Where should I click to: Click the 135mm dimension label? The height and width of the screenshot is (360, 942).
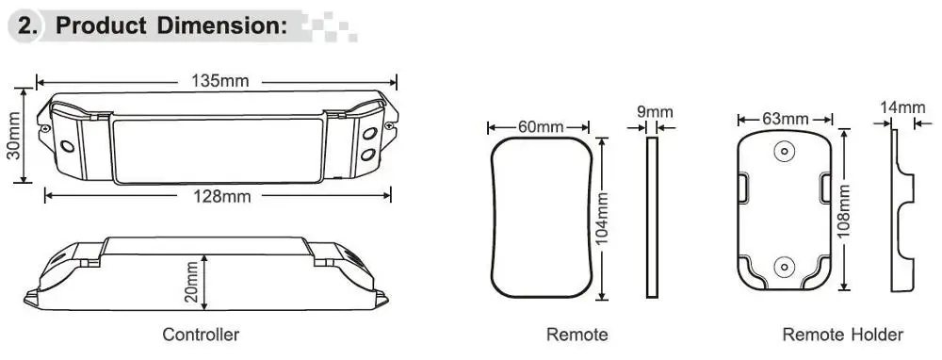click(x=219, y=81)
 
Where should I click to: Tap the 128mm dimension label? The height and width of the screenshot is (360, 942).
click(x=222, y=196)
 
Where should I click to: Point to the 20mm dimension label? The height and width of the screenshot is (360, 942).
click(x=191, y=283)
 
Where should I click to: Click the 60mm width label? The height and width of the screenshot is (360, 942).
click(x=541, y=127)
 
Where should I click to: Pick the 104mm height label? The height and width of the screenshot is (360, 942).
click(x=603, y=218)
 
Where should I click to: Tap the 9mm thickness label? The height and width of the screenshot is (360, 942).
click(x=655, y=112)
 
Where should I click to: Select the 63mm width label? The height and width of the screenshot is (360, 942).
click(x=786, y=119)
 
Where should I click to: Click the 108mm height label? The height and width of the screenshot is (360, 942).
click(x=844, y=211)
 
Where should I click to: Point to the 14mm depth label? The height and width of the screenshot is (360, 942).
click(x=903, y=108)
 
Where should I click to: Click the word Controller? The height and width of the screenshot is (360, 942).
click(x=201, y=335)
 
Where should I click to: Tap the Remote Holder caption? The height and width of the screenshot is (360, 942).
click(x=842, y=335)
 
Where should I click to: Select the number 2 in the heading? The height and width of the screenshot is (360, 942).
click(x=24, y=25)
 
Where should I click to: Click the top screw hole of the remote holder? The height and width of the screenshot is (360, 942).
click(x=784, y=151)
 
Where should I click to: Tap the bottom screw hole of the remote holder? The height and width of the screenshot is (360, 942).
click(x=784, y=267)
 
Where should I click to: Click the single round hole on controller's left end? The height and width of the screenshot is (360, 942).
click(x=67, y=145)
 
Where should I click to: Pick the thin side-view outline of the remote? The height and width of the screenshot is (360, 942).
click(x=652, y=217)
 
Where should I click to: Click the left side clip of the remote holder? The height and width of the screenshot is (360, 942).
click(x=742, y=188)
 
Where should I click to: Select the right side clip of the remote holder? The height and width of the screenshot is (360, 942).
click(x=826, y=188)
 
